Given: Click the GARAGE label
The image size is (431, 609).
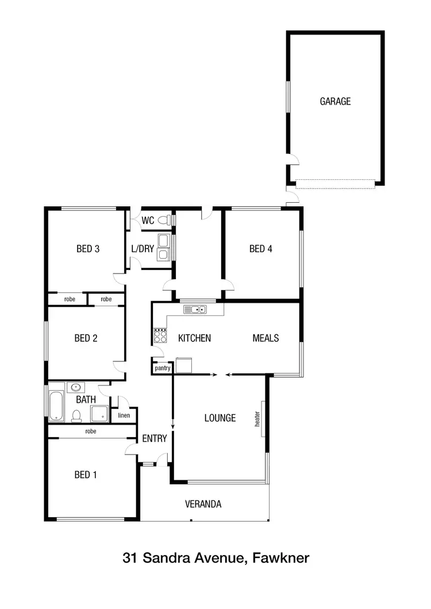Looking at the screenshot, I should pyautogui.click(x=335, y=102).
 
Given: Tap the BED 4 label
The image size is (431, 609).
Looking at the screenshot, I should pyautogui.click(x=260, y=249).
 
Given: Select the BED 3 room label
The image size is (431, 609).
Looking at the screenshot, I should pyautogui.click(x=88, y=249).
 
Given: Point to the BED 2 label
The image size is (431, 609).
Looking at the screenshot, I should pyautogui.click(x=86, y=338).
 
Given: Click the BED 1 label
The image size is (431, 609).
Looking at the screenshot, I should pyautogui.click(x=86, y=475).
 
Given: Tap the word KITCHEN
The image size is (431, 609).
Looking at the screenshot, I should pyautogui.click(x=194, y=338).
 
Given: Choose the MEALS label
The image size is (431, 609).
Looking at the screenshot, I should pyautogui.click(x=265, y=338).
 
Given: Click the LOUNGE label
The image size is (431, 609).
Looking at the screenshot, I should pyautogui.click(x=220, y=418).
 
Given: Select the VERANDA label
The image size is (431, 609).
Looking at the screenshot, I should pyautogui.click(x=203, y=504).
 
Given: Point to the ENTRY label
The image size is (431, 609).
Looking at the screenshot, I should pyautogui.click(x=154, y=438).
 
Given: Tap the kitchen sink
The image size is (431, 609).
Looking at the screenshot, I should pyautogui.click(x=195, y=310).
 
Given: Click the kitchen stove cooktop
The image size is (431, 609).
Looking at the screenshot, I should pyautogui.click(x=160, y=335).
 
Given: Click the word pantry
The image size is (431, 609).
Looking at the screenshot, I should pyautogui.click(x=163, y=368).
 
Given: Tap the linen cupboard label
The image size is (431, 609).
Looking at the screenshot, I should pyautogui.click(x=124, y=415).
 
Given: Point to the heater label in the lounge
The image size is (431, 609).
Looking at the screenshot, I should pyautogui.click(x=258, y=418).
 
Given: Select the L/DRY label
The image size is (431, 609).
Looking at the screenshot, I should pyautogui.click(x=143, y=249).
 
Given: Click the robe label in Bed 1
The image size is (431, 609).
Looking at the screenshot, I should pyautogui.click(x=90, y=431).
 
